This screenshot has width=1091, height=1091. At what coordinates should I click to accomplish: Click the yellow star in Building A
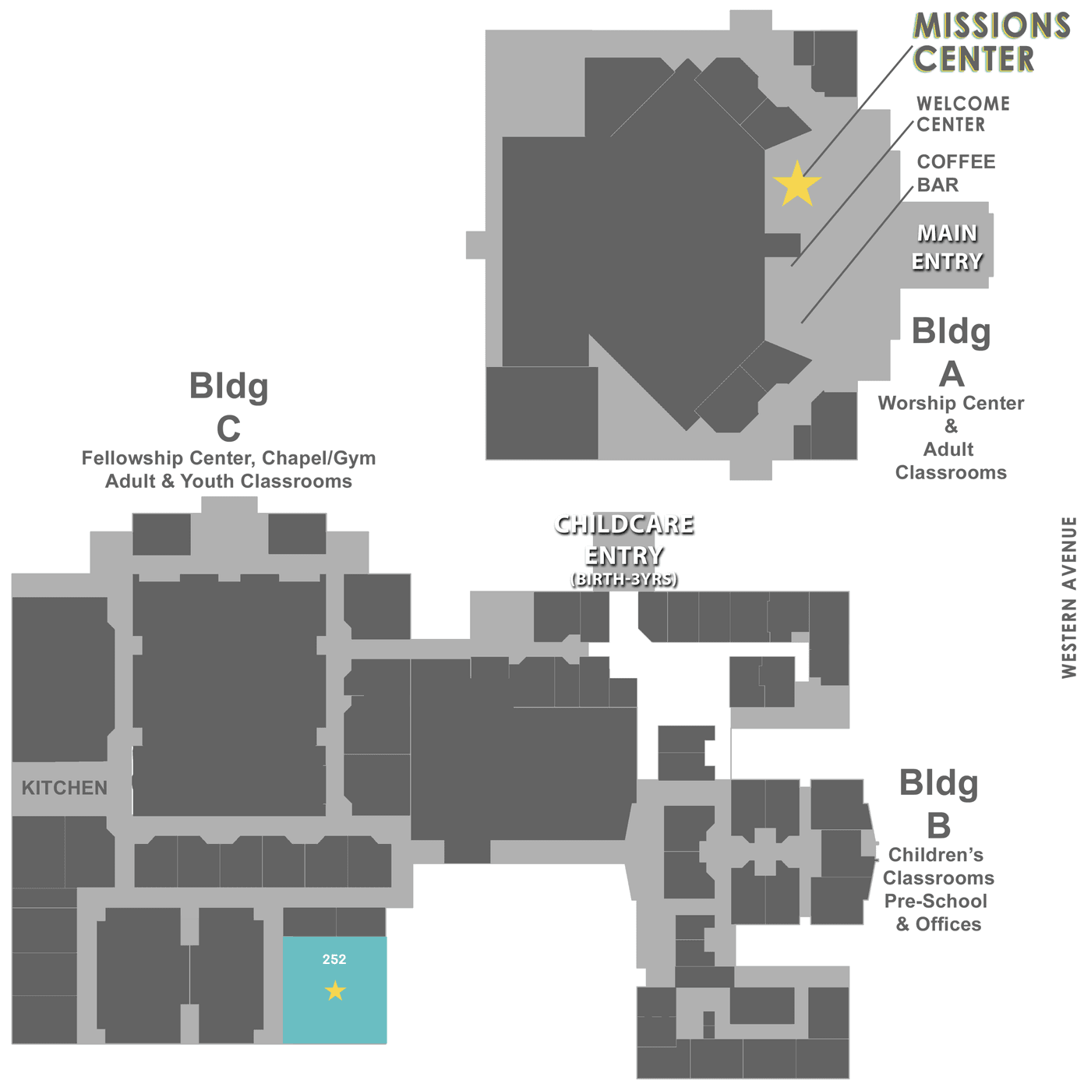(796, 185)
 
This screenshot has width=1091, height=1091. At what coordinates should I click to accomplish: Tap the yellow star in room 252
(335, 990)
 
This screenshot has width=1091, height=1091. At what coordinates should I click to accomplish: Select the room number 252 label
(334, 959)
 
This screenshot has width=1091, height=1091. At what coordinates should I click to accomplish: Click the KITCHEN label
(65, 788)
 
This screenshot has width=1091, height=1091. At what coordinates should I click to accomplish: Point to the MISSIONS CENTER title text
(990, 42)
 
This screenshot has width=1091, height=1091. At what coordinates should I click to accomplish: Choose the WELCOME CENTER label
(963, 114)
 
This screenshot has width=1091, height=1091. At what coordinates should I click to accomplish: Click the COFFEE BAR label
(955, 173)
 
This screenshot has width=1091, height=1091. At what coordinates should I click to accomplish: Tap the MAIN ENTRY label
(947, 247)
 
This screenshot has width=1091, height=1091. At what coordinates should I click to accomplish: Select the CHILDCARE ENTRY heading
(624, 540)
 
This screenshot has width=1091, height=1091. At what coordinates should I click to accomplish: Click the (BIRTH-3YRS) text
(624, 579)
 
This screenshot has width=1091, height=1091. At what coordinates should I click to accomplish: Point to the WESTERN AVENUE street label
(1068, 597)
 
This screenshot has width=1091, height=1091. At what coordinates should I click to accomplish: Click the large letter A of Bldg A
(952, 374)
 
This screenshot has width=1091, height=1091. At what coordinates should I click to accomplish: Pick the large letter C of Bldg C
(229, 429)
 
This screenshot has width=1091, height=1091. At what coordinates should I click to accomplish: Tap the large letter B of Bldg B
(938, 826)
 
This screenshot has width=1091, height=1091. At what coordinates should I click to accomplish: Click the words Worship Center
(951, 403)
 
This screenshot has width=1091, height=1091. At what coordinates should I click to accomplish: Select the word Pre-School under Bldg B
(935, 901)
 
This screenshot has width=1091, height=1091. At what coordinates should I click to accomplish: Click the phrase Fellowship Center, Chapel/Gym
(229, 458)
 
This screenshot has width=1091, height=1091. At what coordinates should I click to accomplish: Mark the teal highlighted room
(334, 990)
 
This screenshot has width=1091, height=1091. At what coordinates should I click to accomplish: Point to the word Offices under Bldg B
(948, 924)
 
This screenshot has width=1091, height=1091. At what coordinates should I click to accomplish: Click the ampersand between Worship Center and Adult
(951, 425)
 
